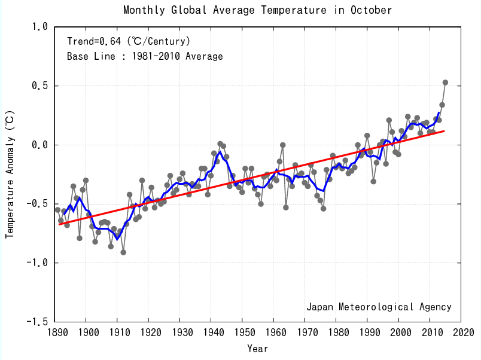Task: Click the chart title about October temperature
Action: tap(257, 10)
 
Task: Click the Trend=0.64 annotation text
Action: tap(129, 41)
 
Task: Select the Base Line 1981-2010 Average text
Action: tap(145, 57)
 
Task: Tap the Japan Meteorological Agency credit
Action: tap(379, 307)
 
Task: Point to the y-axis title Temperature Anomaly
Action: tap(10, 173)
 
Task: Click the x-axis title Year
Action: tap(257, 348)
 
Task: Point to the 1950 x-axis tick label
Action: tap(243, 332)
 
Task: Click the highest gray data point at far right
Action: tap(445, 83)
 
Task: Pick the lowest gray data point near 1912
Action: tap(123, 252)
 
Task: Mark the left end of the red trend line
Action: tap(59, 224)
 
